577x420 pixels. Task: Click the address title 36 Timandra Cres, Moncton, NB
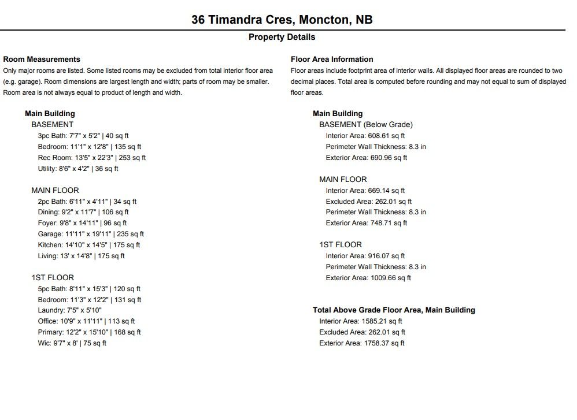pos(282,20)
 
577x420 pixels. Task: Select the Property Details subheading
pos(282,37)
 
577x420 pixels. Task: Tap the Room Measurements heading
pos(42,59)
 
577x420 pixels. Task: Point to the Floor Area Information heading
pos(332,59)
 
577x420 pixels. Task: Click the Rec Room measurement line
pos(92,158)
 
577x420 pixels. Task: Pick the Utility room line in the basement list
pos(78,169)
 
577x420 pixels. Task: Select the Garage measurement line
pos(91,234)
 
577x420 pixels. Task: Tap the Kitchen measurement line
pos(89,245)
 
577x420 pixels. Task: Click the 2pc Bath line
pos(87,202)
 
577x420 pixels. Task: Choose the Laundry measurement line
pos(70,310)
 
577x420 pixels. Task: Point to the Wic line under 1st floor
pos(72,343)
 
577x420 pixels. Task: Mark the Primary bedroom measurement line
pos(90,332)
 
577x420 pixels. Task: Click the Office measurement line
pos(86,321)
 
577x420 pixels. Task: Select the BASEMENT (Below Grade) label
pos(366,124)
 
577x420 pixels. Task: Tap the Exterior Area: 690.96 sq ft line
pos(367,158)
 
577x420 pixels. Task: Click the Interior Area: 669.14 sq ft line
pos(365,191)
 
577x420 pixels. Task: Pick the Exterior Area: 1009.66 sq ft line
pos(368,278)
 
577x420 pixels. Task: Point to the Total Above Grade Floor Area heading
pos(394,310)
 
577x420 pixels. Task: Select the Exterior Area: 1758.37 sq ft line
pos(362,343)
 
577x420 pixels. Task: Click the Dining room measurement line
pos(83,213)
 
